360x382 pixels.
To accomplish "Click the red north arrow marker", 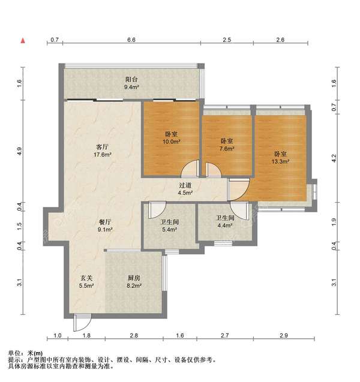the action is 23,40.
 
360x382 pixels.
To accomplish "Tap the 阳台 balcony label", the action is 131,79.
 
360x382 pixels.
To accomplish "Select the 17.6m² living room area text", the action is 103,155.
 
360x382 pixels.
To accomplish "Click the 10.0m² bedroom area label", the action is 172,142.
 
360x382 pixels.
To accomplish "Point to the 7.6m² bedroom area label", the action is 227,148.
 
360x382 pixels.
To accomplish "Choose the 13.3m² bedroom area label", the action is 281,161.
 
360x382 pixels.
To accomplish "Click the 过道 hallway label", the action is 185,185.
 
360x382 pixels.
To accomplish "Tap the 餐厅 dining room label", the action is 105,222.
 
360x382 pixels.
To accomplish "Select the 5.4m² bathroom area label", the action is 170,229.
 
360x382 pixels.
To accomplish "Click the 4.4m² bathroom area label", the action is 225,225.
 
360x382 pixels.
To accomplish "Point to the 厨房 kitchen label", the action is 134,278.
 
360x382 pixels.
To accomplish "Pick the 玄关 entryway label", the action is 86,278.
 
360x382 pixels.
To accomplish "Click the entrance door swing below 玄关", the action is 82,322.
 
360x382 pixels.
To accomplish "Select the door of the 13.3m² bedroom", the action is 239,190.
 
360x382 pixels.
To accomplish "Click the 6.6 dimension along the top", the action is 131,40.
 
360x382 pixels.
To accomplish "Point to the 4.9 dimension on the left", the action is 20,151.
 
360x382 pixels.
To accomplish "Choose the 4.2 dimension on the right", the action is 334,158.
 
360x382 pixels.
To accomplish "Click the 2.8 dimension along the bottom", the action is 134,336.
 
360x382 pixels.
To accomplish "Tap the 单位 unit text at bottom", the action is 14,353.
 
